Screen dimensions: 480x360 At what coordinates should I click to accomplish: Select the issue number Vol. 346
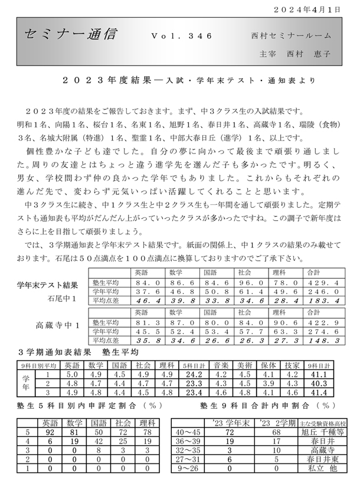pyautogui.click(x=181, y=36)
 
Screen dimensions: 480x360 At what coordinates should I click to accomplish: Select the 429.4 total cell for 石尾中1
pyautogui.click(x=322, y=283)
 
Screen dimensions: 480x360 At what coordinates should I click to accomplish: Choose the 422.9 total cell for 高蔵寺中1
pyautogui.click(x=322, y=322)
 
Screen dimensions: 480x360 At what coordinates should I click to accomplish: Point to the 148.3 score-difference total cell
pyautogui.click(x=322, y=341)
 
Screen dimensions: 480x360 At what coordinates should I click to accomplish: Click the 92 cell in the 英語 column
pyautogui.click(x=50, y=431)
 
